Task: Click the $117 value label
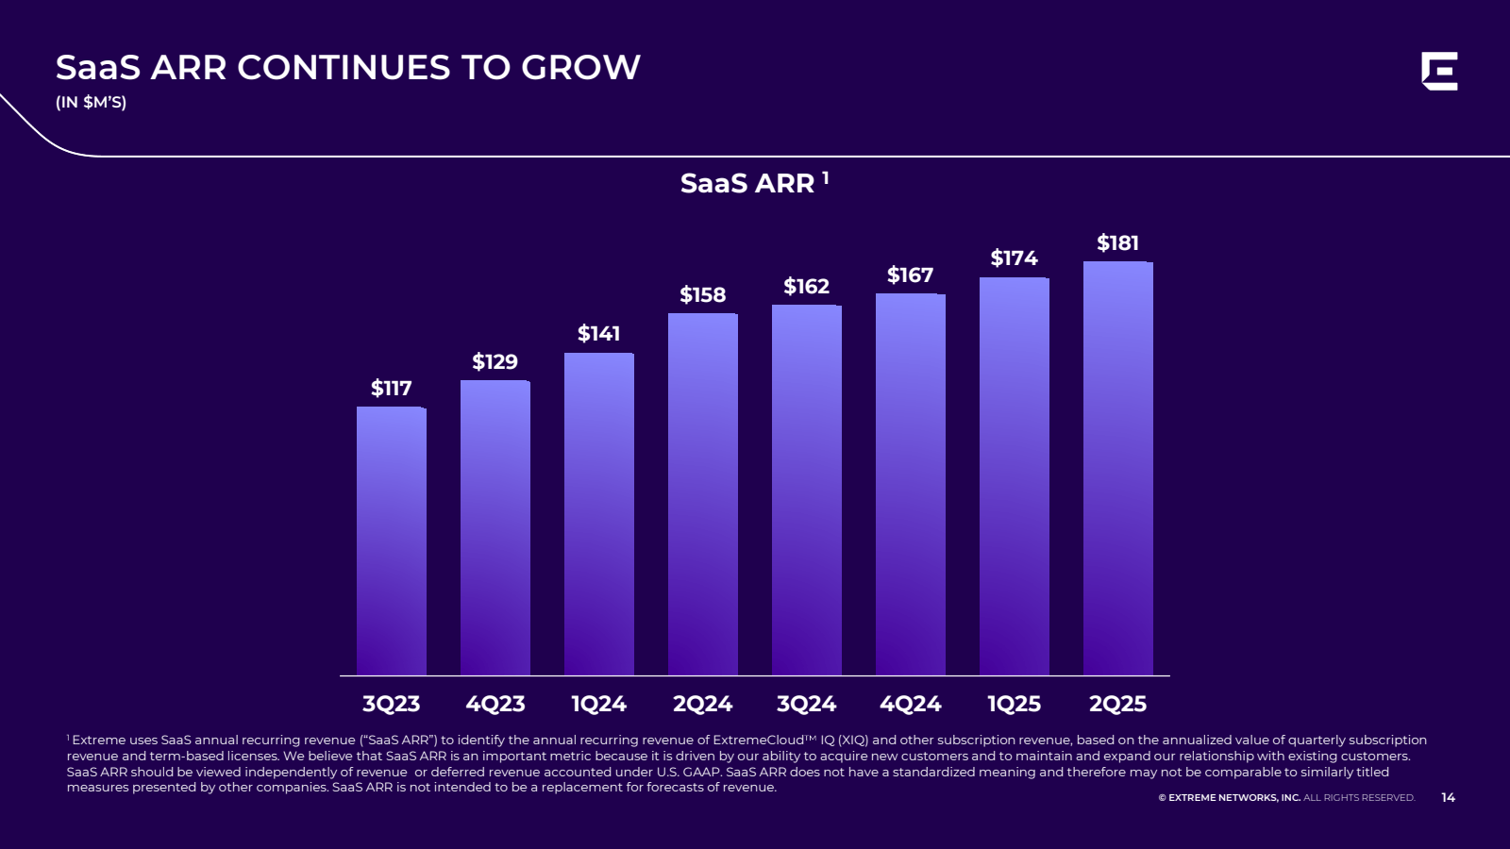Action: tap(391, 389)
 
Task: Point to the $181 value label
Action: tap(1117, 243)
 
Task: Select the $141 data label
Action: tap(598, 334)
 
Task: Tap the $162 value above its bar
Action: tap(806, 287)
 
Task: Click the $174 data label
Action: tap(1014, 258)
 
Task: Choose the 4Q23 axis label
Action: tap(495, 704)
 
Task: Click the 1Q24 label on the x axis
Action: tap(598, 704)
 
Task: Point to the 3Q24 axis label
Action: tap(806, 704)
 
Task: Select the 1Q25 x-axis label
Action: tap(1014, 704)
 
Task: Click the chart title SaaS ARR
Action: tap(747, 183)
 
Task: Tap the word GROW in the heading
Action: tap(580, 68)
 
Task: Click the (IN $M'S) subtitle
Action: tap(91, 102)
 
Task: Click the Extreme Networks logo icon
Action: tap(1439, 72)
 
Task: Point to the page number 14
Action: tap(1448, 798)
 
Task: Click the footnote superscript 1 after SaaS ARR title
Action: tap(825, 176)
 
